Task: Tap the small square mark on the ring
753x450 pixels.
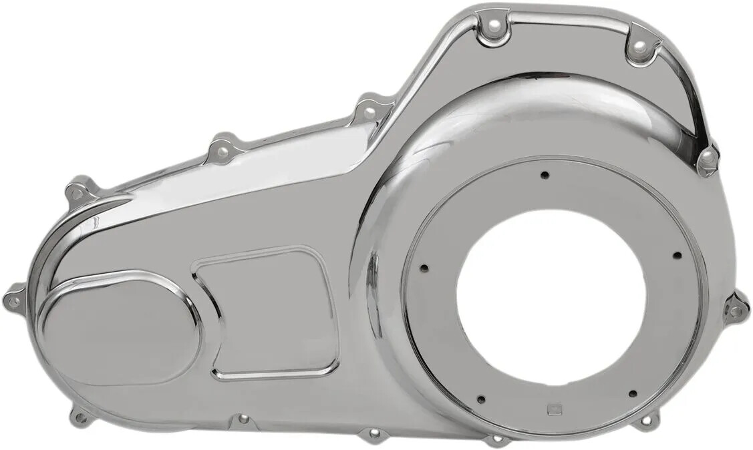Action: click(552, 410)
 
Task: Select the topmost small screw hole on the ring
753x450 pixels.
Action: click(545, 175)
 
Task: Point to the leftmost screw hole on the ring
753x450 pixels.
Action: click(424, 269)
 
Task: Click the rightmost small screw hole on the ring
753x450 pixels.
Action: click(677, 255)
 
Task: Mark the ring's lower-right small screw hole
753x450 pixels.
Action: click(632, 393)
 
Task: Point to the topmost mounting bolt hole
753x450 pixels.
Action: click(494, 25)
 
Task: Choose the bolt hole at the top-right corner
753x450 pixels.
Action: click(639, 46)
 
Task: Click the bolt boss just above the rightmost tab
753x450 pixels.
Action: click(707, 159)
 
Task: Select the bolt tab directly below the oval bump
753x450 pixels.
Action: click(81, 418)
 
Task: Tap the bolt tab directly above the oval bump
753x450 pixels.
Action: click(78, 193)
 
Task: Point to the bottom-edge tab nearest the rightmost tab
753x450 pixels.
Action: click(645, 421)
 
